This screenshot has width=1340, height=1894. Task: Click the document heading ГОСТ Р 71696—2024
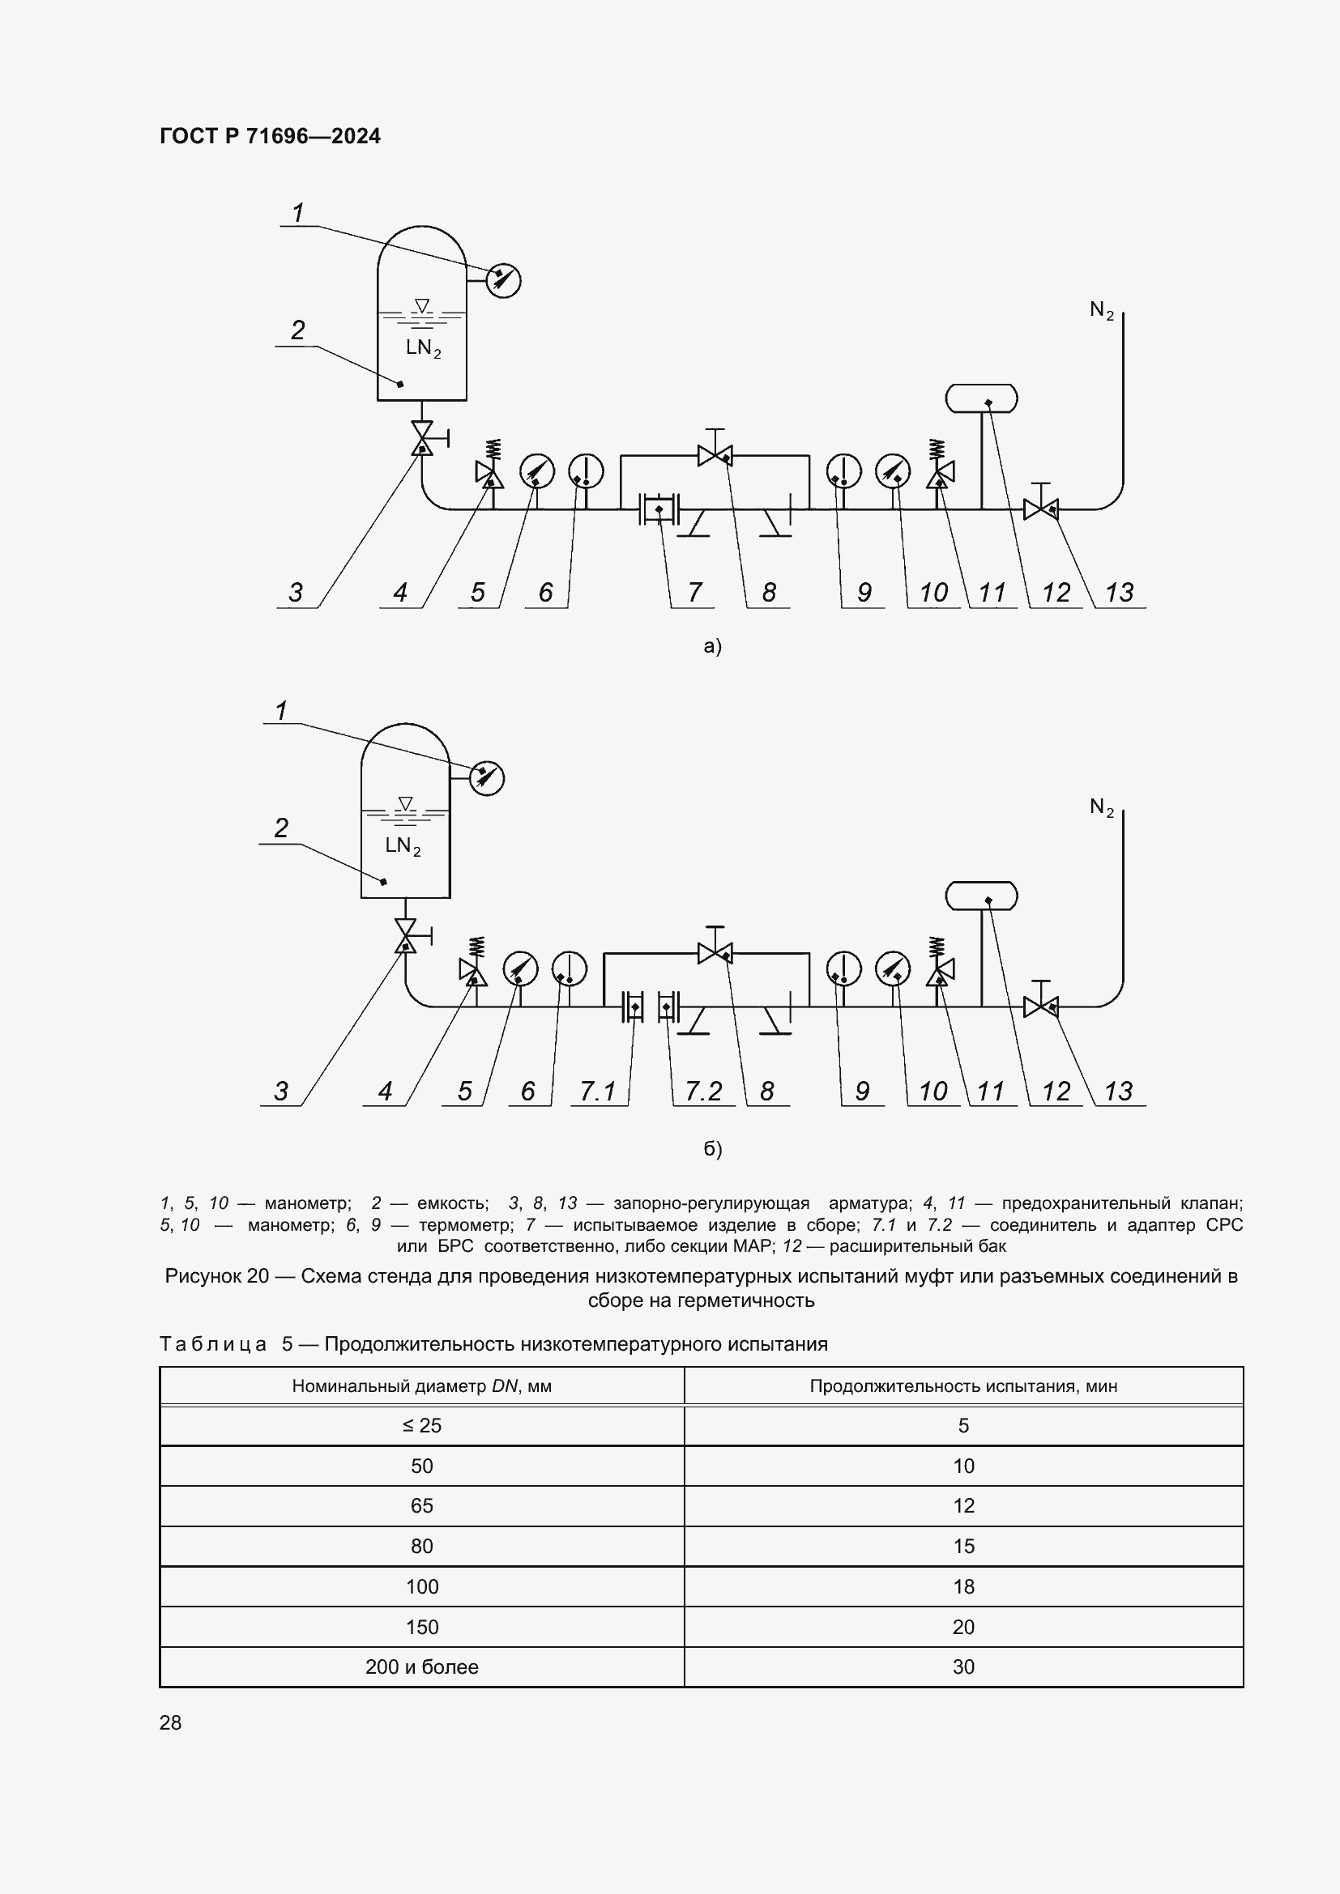(270, 136)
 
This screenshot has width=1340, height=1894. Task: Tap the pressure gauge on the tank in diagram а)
(503, 280)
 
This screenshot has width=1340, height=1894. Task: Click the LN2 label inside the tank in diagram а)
(423, 348)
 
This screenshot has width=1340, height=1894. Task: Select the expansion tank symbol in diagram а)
(980, 398)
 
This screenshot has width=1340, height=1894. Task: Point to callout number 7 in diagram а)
(695, 591)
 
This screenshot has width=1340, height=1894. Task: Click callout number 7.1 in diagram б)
(597, 1091)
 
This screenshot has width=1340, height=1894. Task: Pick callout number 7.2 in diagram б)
(703, 1091)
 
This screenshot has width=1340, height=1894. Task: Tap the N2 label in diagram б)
(1102, 807)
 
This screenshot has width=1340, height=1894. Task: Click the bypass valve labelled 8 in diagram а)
(715, 454)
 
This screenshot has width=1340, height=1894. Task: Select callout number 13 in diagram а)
(1120, 591)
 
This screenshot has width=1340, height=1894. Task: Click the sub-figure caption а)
(712, 646)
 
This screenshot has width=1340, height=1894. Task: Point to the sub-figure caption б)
(712, 1148)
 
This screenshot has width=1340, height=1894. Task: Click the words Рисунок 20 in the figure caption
(217, 1276)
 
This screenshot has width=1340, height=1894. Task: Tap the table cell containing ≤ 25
(421, 1425)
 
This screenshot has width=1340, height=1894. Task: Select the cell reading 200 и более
(421, 1667)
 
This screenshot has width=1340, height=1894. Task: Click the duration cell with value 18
(963, 1586)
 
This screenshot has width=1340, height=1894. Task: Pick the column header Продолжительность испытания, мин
(963, 1385)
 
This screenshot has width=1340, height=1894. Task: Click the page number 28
(170, 1722)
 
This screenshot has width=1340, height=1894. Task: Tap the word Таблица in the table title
(213, 1344)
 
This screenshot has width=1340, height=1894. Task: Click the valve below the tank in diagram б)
(405, 936)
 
